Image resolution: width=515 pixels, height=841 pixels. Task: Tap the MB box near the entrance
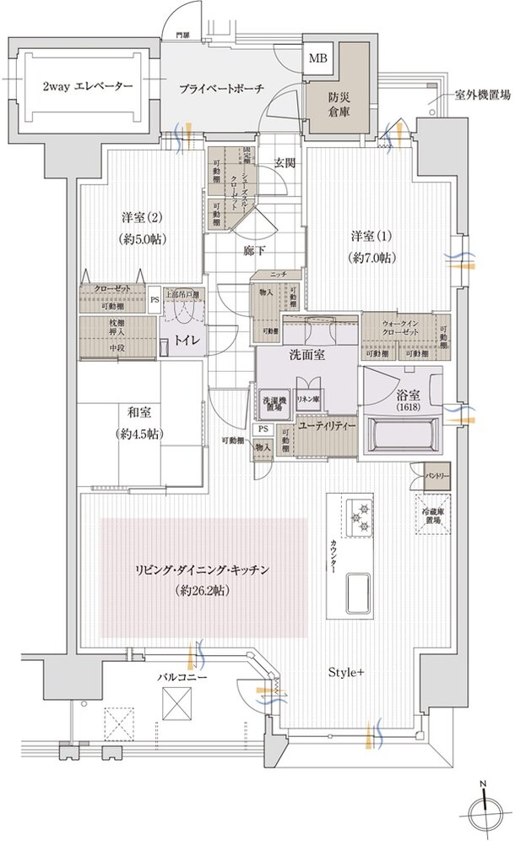coord(318,58)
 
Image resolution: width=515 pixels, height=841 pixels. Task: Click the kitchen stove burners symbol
coord(358,516)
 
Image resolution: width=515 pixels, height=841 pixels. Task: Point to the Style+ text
coord(346,673)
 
